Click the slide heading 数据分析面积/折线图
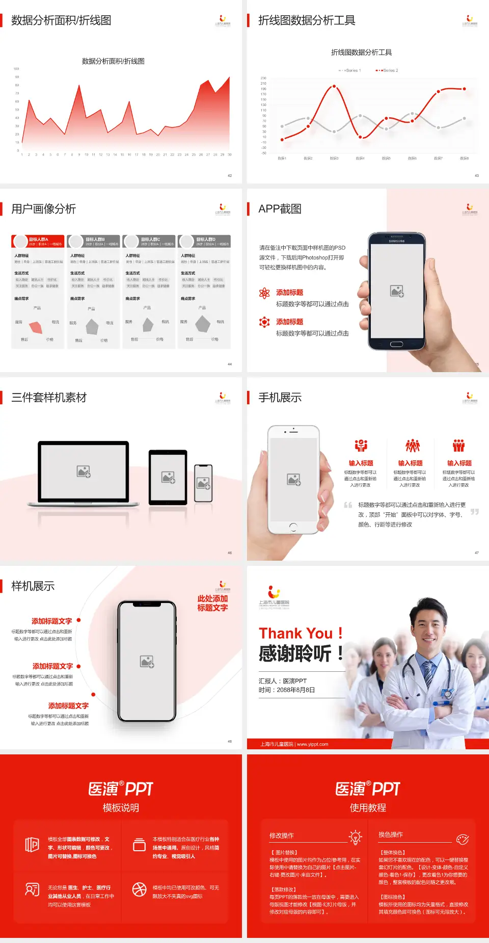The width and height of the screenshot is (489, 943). (x=61, y=20)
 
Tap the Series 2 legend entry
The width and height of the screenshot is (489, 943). (x=388, y=70)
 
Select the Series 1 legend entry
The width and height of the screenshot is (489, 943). (x=350, y=70)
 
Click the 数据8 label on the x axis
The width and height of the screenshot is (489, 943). (x=464, y=159)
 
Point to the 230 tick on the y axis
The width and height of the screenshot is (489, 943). (x=263, y=78)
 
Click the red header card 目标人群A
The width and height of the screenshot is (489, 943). (x=38, y=241)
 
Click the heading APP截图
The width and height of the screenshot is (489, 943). (x=280, y=209)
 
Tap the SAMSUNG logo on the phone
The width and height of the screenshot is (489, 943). (x=397, y=241)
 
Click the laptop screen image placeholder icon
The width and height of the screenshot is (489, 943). (x=84, y=471)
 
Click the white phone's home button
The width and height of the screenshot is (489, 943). (x=293, y=527)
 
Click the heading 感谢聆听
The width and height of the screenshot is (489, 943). (x=295, y=653)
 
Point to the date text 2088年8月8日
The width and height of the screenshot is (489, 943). (x=295, y=690)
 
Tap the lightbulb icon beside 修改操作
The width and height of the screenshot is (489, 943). (x=355, y=837)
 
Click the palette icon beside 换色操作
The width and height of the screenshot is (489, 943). (x=463, y=839)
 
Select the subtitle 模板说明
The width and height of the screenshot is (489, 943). (x=121, y=808)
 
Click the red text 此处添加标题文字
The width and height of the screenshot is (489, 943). (x=212, y=603)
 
